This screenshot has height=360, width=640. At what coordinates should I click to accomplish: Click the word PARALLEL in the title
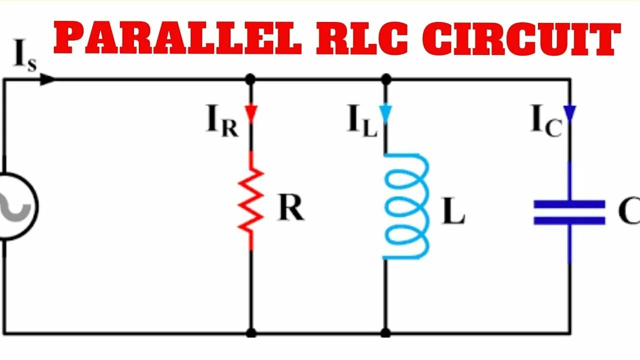pos(177,39)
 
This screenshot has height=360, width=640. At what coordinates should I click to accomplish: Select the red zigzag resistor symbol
pos(251,200)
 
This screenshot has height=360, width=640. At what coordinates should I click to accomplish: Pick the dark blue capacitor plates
pos(569,212)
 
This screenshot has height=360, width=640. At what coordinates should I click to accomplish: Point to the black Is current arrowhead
pos(47,79)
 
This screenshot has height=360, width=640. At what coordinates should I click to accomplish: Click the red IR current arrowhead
pos(251,113)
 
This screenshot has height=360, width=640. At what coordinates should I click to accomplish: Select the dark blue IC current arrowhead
pos(569,113)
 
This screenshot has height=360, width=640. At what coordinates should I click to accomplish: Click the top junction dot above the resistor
pos(251,79)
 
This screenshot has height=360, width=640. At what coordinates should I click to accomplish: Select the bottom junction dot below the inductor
pos(385,332)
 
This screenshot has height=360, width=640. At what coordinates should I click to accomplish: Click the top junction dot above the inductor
pos(385,79)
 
